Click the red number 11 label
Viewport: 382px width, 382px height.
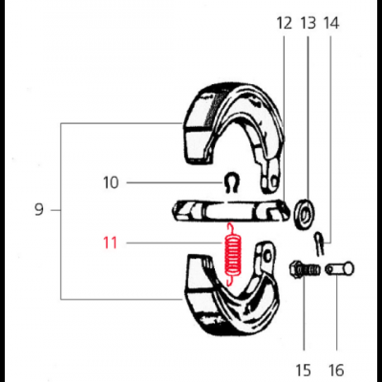110,243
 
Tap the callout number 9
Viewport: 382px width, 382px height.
39,210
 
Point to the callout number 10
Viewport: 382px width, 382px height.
110,181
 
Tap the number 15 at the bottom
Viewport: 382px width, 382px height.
304,370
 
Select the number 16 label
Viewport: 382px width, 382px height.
335,370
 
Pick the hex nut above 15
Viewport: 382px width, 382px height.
302,271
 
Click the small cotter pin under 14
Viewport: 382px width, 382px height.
324,238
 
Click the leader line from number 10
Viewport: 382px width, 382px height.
172,181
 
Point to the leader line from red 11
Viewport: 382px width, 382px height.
172,244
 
